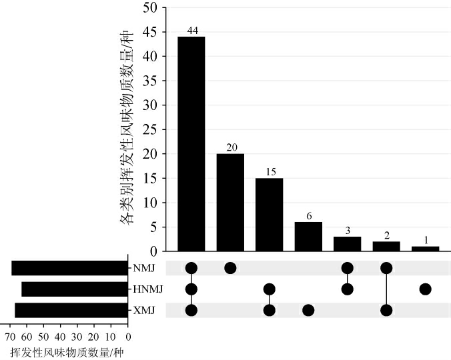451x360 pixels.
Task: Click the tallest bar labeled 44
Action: [191, 143]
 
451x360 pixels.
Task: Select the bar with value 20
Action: [230, 202]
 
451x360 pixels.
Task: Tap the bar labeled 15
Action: [269, 214]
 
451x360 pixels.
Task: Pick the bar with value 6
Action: [308, 236]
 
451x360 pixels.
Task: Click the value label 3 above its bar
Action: [347, 231]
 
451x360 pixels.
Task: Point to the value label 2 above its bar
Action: [386, 235]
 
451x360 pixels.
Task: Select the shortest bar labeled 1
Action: [425, 249]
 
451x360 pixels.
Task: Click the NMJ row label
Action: [143, 268]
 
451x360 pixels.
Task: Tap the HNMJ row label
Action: [148, 289]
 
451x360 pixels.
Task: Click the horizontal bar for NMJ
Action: [69, 268]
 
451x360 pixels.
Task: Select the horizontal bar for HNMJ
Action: [74, 289]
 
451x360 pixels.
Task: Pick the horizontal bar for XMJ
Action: [71, 311]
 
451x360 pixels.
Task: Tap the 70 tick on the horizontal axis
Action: [10, 337]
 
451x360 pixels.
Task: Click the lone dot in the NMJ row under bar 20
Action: [230, 268]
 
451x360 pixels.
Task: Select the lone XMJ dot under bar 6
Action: [308, 311]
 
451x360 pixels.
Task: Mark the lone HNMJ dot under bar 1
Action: [425, 289]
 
